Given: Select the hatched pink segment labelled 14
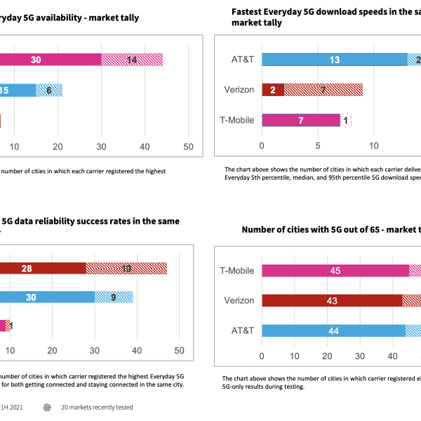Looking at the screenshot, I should coord(132,60).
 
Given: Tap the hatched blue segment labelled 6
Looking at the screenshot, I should coord(49,90).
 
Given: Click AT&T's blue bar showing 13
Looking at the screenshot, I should coord(335,60).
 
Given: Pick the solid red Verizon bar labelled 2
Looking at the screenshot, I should coord(273,90).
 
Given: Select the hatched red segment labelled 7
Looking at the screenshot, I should coord(323,90).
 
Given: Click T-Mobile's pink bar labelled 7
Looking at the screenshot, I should coord(301,120).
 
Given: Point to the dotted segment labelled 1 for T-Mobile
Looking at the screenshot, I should coord(346,120).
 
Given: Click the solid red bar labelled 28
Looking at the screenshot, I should coord(43,268).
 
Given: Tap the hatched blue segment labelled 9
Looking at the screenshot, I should coord(114,297).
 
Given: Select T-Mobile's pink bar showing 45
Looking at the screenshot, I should coord(335,271).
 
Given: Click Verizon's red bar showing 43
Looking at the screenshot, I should coord(332,300).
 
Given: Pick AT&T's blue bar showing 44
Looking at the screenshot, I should coord(334,330).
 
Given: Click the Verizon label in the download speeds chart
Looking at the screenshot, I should coord(238,90).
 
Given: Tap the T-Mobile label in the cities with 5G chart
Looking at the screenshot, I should coord(236,271).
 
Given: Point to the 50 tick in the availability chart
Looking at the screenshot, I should coord(188,146).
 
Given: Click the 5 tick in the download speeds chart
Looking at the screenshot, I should coord(319,146).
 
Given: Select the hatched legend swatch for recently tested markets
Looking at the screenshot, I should coord(47,406).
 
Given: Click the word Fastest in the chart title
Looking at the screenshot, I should coord(248,11).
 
